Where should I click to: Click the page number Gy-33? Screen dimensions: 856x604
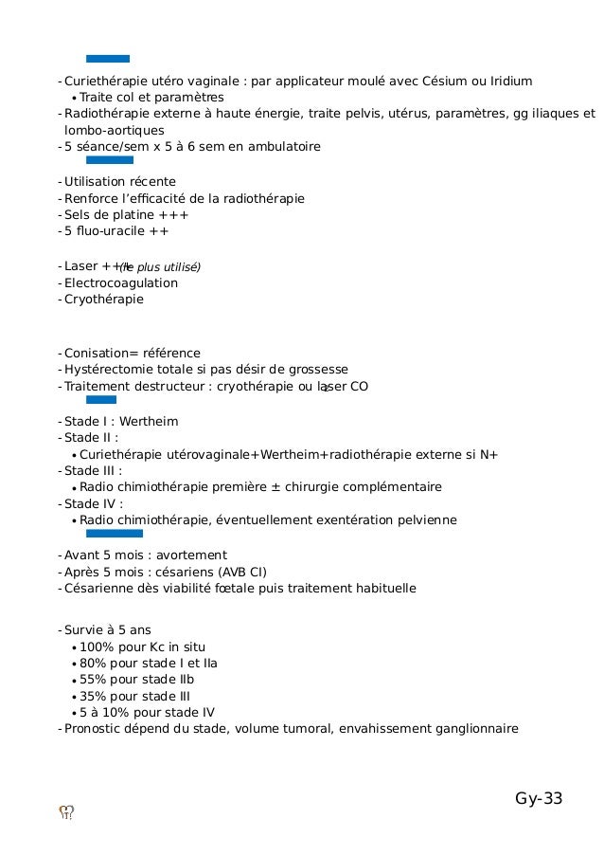tap(539, 799)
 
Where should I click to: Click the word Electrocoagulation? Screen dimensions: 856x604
tap(120, 282)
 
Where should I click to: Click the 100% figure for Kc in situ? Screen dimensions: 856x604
tap(96, 647)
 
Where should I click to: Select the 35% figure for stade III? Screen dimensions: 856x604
tap(93, 696)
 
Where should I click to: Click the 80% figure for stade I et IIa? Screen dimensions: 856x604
tap(93, 664)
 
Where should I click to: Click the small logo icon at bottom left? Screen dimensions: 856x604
tap(67, 811)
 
